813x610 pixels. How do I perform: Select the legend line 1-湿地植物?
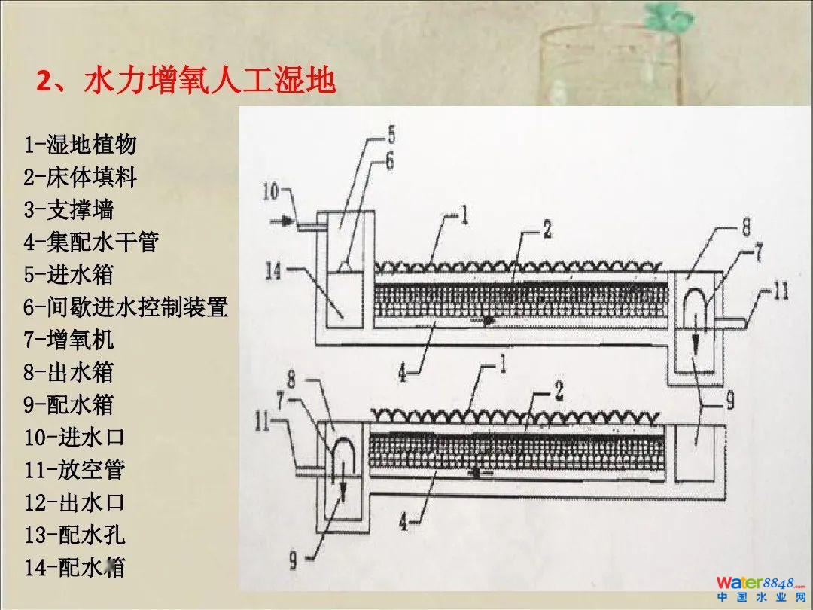click(x=80, y=144)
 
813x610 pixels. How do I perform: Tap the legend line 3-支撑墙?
click(x=69, y=209)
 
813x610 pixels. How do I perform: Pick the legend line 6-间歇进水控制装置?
click(x=125, y=307)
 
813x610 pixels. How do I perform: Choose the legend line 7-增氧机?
click(x=69, y=340)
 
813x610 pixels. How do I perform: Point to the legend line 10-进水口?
click(x=74, y=437)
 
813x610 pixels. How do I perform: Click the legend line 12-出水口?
click(x=74, y=502)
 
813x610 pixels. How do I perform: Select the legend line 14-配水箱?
click(x=74, y=567)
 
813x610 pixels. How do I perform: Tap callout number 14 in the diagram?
click(x=273, y=270)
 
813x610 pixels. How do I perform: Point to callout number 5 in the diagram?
click(x=391, y=136)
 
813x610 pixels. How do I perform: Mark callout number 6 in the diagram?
click(x=389, y=161)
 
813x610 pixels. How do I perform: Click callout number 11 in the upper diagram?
click(x=780, y=291)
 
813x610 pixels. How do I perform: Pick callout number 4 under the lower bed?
click(x=404, y=521)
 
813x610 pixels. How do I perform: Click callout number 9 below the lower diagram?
click(x=294, y=560)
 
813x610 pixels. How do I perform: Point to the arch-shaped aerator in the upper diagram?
click(x=696, y=307)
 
